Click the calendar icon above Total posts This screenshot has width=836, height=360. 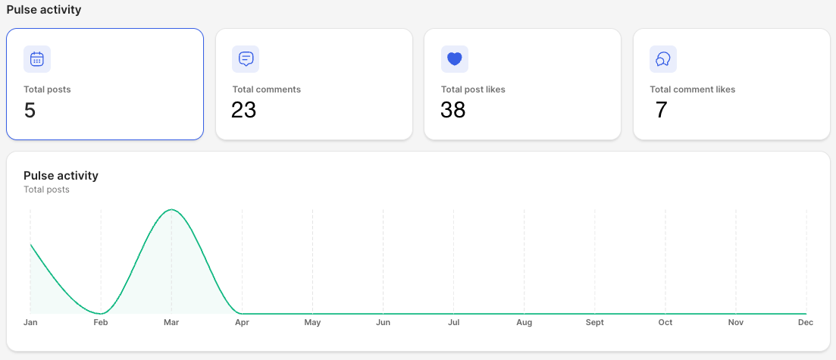pos(37,58)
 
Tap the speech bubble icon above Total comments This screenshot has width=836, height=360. pos(246,58)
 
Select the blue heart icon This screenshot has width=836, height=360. pos(454,58)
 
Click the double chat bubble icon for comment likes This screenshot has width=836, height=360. pos(662,58)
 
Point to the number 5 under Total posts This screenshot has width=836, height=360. pos(30,110)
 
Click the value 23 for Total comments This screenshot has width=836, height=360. pos(243,110)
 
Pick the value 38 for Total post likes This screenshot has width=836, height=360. pos(453,110)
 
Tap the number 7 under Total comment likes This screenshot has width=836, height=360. pos(661,110)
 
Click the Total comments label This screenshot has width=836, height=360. pos(267,89)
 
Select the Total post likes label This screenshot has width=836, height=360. pos(473,89)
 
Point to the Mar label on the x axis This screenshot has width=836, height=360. pos(171,323)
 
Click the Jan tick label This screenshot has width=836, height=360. pos(30,323)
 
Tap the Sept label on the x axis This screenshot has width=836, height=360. pos(594,323)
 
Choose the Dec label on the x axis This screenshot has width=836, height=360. pos(806,323)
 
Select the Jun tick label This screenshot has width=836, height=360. pos(383,323)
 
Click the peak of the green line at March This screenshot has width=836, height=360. pos(171,210)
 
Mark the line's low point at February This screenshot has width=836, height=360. pos(101,314)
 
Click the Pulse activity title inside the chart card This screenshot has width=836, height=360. pos(61,176)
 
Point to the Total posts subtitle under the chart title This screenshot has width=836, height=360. pos(47,189)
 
